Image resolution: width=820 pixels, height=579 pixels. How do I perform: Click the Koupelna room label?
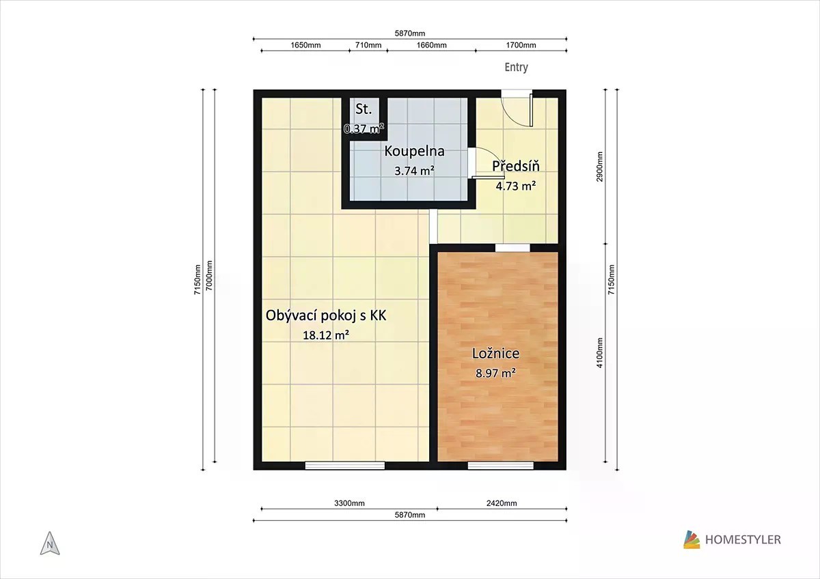pos(414,151)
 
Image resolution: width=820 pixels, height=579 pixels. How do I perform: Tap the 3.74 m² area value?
pos(414,171)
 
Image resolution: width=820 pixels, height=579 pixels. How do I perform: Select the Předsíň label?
pos(516,166)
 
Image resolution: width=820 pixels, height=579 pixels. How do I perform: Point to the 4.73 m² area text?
pos(516,186)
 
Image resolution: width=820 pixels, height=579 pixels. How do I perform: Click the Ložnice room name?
pos(495,353)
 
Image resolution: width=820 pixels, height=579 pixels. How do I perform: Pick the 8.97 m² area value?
pos(495,373)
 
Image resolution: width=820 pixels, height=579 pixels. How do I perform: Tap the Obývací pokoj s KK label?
pos(326,315)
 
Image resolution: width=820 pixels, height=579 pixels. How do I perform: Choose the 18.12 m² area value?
pos(326,335)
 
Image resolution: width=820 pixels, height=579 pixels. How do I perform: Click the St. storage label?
pos(364,109)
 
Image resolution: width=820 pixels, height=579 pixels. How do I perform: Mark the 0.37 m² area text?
pos(364,128)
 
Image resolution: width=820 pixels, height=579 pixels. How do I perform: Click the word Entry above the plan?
pos(516,68)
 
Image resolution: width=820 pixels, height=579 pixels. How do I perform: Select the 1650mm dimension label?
pos(305,45)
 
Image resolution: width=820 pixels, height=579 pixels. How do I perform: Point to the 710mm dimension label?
pos(368,45)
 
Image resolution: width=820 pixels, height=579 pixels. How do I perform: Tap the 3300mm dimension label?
pos(349,503)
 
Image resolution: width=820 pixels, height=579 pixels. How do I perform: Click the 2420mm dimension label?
pos(502,503)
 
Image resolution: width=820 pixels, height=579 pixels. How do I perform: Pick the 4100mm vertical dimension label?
pos(600,352)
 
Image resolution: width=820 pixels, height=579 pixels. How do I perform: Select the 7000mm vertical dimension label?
pos(208,275)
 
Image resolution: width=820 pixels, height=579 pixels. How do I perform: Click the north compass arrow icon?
pos(50,543)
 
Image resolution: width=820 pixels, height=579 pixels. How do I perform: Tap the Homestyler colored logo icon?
pos(692,539)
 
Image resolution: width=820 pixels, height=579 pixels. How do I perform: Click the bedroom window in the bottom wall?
pos(500,466)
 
